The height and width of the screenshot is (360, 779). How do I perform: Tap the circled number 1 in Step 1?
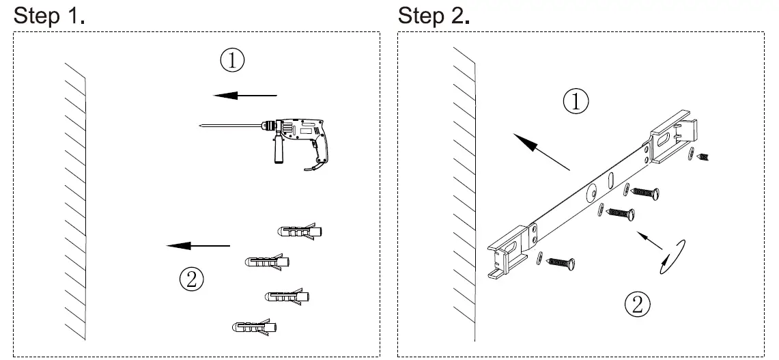click(x=231, y=60)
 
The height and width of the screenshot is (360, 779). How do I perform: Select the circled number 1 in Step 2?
click(x=575, y=102)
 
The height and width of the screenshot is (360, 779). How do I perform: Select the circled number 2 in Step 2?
click(x=637, y=305)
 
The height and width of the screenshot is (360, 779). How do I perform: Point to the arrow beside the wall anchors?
click(x=198, y=245)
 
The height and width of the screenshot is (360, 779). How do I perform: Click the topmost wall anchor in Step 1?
click(x=300, y=231)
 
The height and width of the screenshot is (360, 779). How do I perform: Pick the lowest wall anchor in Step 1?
click(x=254, y=327)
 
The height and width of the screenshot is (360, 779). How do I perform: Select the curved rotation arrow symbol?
click(x=670, y=256)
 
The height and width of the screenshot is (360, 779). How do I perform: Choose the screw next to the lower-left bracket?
click(x=560, y=262)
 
